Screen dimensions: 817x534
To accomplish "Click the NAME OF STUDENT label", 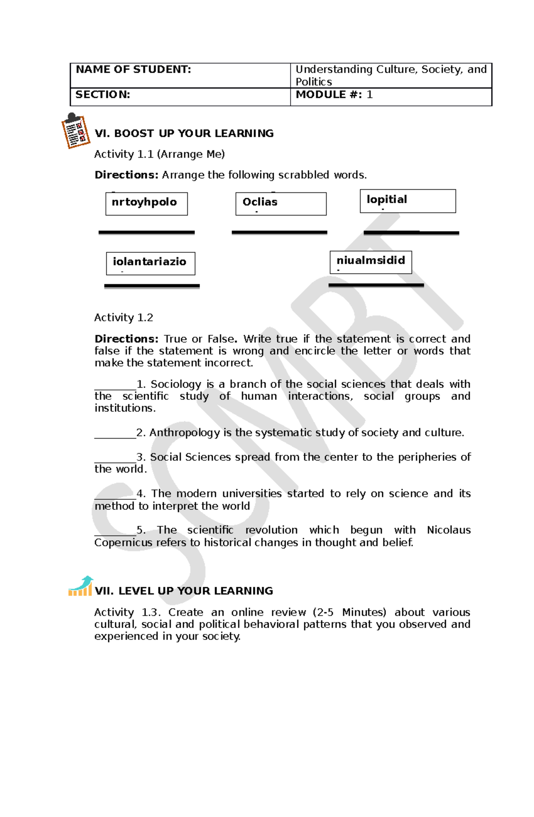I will (133, 69).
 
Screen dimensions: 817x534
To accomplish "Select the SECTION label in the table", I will (103, 94).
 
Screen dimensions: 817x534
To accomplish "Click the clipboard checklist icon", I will (75, 131).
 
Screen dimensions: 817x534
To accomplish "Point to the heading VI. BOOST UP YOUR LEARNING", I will (184, 134).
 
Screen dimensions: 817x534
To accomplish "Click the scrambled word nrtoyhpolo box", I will (146, 203).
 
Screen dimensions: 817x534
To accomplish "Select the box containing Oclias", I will (281, 203).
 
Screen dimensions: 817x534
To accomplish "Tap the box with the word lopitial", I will (408, 201).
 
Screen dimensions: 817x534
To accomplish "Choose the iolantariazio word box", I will (150, 263).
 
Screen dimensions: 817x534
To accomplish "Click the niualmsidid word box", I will (371, 262).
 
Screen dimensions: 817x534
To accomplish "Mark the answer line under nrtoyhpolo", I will (146, 232).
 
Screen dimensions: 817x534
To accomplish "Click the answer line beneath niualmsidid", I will (376, 285).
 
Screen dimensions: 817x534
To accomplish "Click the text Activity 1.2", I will (124, 317).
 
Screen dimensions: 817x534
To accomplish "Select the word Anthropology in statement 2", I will (184, 433).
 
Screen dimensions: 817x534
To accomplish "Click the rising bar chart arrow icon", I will (81, 586).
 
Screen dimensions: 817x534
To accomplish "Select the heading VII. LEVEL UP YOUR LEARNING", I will (184, 591).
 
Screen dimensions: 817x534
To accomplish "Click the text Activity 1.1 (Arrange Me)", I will (159, 154).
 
